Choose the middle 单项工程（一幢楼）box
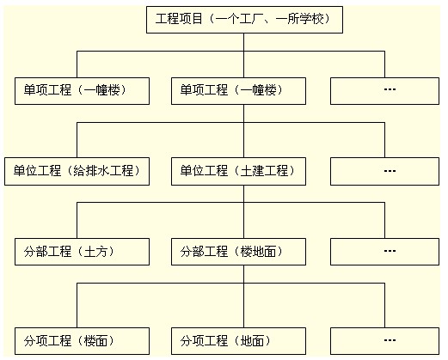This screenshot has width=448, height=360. pos(238,91)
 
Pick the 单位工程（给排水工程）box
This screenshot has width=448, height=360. pos(77,171)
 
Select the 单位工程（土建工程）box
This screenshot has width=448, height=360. pos(238,171)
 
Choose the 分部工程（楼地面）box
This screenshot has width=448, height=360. pos(238,252)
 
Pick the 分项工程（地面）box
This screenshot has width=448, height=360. pos(238,340)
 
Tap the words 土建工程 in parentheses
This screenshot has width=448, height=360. pos(262,171)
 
